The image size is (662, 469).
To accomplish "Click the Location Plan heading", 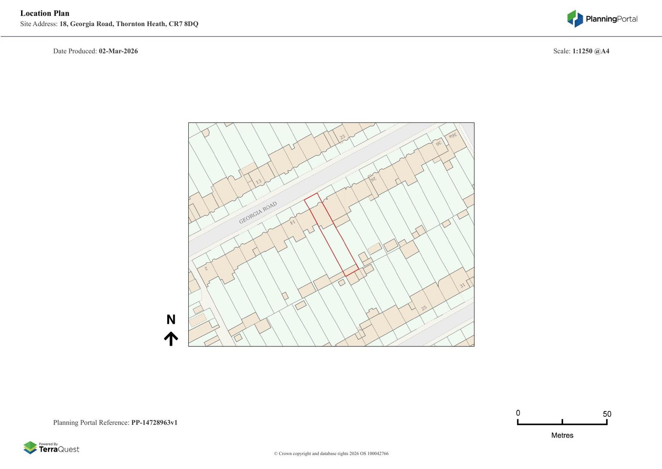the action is click(x=45, y=13).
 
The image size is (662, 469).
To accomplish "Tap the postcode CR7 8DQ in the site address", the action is click(x=183, y=24).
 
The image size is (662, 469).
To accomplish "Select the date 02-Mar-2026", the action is click(x=118, y=51).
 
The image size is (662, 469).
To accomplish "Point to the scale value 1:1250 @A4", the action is click(x=591, y=51).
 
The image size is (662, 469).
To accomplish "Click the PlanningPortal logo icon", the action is click(x=575, y=19).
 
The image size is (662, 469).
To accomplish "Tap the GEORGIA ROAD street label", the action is click(x=258, y=213).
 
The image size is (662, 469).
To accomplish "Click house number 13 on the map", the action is click(x=259, y=181).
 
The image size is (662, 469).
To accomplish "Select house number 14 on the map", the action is click(x=293, y=222).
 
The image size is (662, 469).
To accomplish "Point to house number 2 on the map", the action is click(x=206, y=268).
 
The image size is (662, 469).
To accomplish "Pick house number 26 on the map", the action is click(x=373, y=179).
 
